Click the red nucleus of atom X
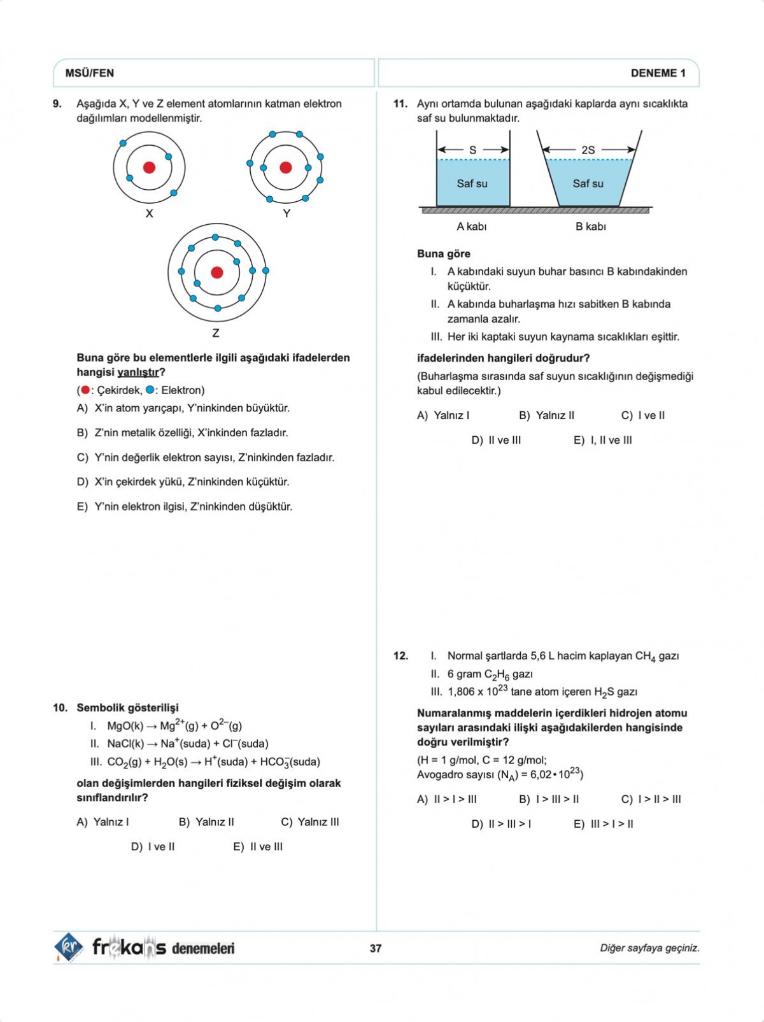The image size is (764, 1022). coord(149,167)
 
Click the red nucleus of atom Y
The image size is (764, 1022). coord(286,167)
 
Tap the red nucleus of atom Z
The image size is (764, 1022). coord(217,273)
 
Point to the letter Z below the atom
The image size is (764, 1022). coord(216,333)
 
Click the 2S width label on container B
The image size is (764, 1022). coord(588,150)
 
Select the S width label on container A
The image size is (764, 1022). coord(472,150)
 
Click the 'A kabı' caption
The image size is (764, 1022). coord(471,227)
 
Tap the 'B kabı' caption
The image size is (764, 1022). coord(590,227)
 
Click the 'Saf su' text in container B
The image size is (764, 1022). coord(588,183)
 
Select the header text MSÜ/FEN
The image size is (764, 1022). coord(90,73)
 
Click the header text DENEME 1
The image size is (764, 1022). coord(658,73)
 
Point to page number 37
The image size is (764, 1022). coord(376,948)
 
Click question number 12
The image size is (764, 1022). coord(400,656)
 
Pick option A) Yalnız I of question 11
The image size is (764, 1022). coord(443,416)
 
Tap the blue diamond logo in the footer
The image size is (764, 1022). coord(68,947)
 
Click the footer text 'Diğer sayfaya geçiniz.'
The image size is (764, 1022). coord(649,948)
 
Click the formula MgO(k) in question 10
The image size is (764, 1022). coord(125,726)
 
